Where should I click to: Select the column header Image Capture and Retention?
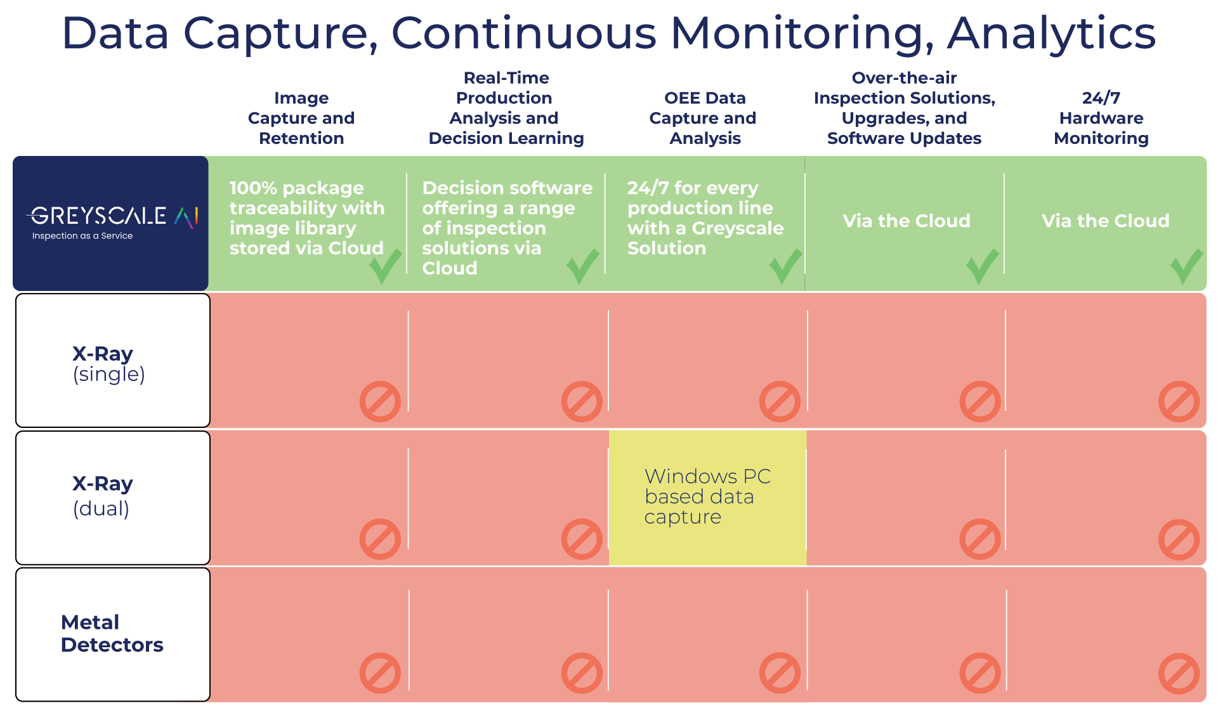(x=301, y=118)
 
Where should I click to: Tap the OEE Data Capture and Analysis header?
(x=704, y=118)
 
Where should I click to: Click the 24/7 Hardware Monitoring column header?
(x=1101, y=118)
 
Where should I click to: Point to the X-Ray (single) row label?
(x=108, y=363)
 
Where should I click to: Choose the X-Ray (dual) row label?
(x=103, y=496)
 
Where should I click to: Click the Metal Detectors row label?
(x=112, y=633)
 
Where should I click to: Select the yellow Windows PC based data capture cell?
(x=707, y=498)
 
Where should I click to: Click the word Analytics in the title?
(x=1051, y=33)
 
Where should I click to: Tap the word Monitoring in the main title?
(x=802, y=33)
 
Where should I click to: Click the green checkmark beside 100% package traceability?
(x=385, y=266)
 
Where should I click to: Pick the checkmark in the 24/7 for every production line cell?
(x=785, y=266)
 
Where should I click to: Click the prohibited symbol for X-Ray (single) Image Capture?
(x=380, y=401)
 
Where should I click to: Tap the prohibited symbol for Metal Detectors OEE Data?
(x=780, y=673)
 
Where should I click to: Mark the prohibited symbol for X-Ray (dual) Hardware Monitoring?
(x=1179, y=539)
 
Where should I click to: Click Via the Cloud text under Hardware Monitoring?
(x=1105, y=221)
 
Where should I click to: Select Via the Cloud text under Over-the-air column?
(x=907, y=221)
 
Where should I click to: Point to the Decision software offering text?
(x=507, y=228)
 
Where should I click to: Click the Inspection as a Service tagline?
(x=82, y=236)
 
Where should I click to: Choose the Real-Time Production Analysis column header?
(x=506, y=108)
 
